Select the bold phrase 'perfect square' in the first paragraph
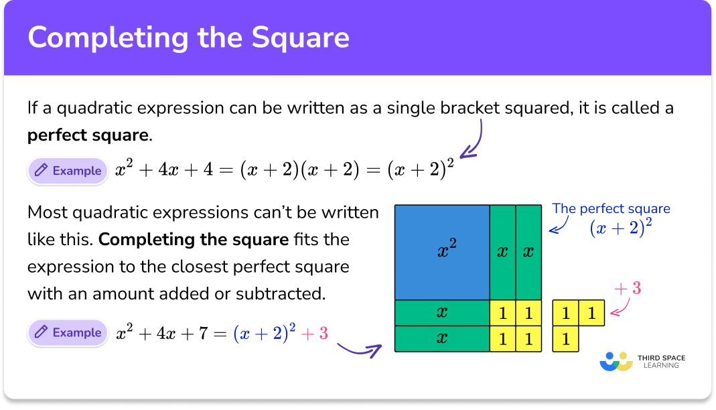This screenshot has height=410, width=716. [x=88, y=135]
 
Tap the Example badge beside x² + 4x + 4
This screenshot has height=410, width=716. [x=68, y=171]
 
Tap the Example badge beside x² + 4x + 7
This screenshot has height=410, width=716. [x=68, y=332]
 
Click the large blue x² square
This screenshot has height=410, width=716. [x=442, y=252]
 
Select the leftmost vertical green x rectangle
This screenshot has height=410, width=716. [x=502, y=252]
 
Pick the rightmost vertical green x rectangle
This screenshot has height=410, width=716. [x=528, y=252]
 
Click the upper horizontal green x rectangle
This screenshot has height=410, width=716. [x=442, y=312]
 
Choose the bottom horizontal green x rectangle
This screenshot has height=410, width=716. [x=442, y=338]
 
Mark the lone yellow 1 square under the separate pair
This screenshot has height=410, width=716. [x=566, y=339]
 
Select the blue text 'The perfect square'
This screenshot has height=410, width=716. [x=611, y=208]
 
